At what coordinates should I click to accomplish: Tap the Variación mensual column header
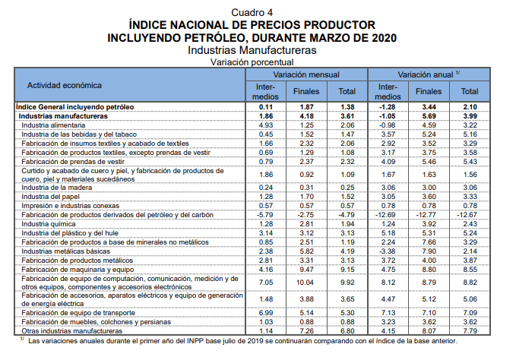306,75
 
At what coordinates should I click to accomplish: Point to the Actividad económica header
60,84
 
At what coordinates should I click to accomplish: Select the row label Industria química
49,225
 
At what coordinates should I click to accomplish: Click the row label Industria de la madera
57,188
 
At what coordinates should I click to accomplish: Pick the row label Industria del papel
53,197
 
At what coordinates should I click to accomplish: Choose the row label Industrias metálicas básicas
66,251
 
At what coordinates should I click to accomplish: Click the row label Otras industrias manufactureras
71,331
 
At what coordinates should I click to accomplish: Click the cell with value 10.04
307,283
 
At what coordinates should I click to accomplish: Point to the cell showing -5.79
266,216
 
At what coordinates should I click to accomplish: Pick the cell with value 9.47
307,270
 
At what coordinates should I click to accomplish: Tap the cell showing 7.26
307,331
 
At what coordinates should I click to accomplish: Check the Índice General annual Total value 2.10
469,107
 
